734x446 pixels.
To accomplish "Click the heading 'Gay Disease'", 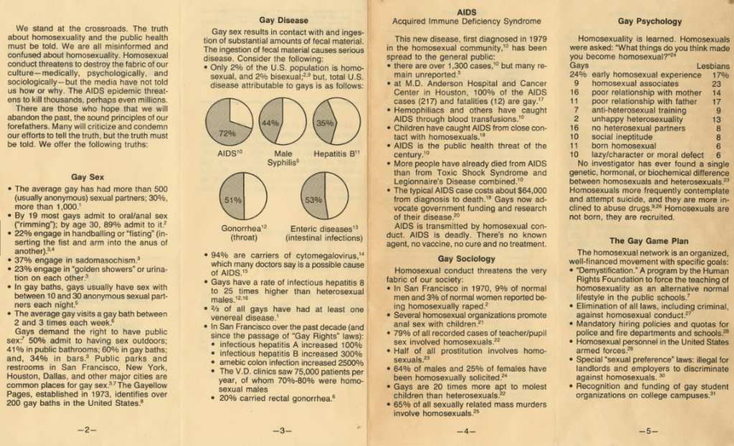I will pos(283,21).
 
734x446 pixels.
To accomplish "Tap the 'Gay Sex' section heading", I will pos(88,176).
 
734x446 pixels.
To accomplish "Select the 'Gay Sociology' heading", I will pos(466,258).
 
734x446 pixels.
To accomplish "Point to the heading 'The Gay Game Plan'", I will pos(649,240).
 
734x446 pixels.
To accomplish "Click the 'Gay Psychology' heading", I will pos(649,22).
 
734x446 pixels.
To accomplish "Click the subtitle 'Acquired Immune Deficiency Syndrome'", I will pos(466,21).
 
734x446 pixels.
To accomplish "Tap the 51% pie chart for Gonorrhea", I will pos(245,198).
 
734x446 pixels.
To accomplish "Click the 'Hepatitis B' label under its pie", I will pos(337,153).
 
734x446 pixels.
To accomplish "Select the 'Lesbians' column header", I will pos(713,65).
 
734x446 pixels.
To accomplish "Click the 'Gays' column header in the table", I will pos(579,65).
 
